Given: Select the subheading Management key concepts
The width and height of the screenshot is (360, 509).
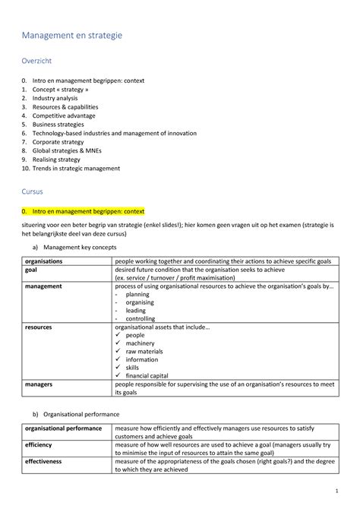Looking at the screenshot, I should click(x=79, y=248).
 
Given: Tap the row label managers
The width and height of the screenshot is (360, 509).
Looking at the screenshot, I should click(x=39, y=385).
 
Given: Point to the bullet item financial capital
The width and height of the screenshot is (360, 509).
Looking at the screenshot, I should click(x=147, y=376).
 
